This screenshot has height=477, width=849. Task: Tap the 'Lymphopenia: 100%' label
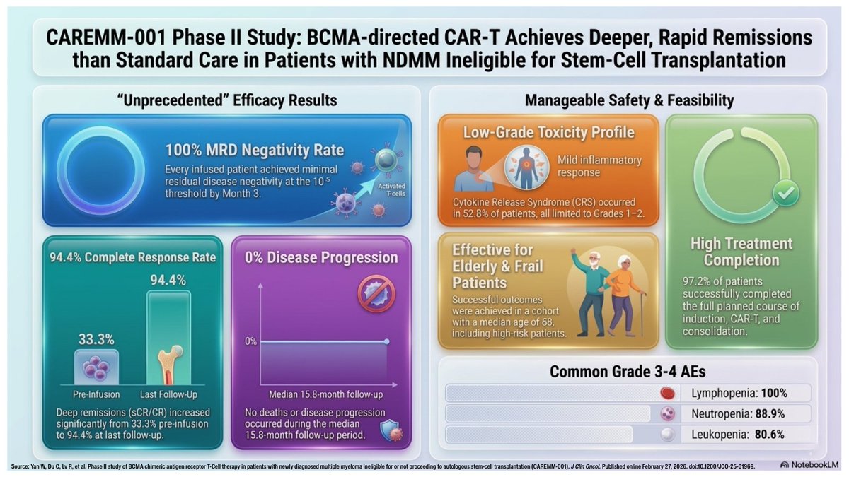(740, 393)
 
